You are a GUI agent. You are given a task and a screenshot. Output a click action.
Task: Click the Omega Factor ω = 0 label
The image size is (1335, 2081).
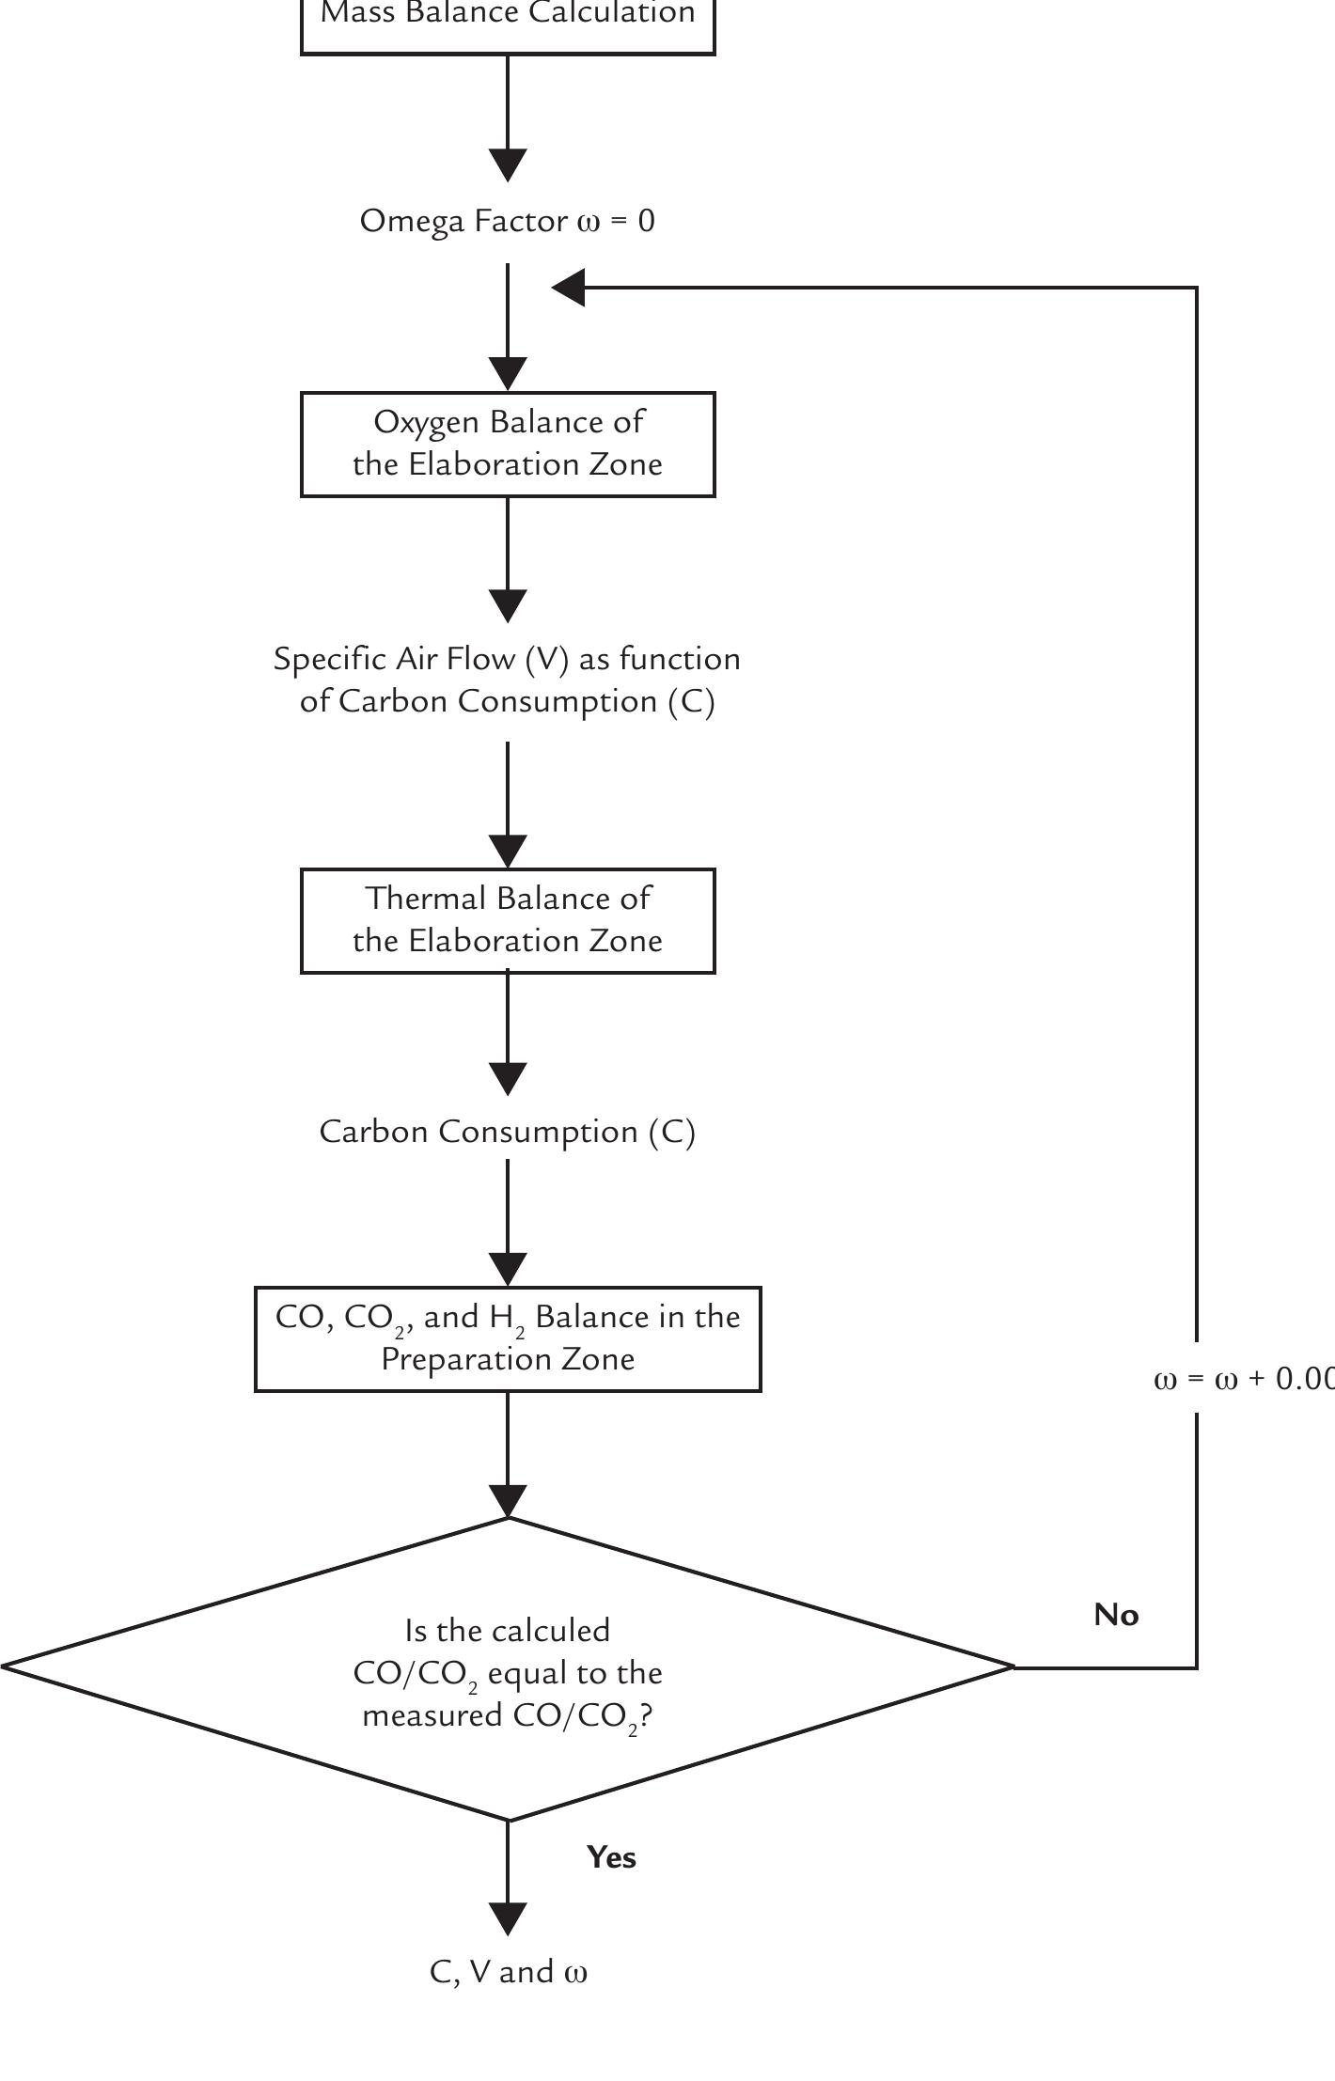click(508, 222)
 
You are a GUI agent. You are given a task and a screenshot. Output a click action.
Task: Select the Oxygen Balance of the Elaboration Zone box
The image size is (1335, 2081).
click(508, 444)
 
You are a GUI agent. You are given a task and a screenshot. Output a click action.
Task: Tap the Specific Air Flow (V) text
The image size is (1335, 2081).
click(508, 660)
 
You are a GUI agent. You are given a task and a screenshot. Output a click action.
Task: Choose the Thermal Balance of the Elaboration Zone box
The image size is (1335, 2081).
click(508, 920)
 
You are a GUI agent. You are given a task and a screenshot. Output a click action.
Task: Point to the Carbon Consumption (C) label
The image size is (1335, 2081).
click(508, 1132)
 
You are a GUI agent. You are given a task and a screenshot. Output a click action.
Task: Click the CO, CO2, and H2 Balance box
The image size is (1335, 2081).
click(508, 1338)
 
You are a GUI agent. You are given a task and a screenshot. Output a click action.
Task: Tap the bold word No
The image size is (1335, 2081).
click(1116, 1616)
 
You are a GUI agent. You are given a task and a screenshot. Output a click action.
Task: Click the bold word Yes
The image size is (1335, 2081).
click(611, 1858)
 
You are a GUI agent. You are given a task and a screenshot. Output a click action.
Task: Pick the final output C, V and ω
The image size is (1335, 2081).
click(508, 1972)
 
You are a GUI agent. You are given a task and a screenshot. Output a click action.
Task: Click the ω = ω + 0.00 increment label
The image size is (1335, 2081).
click(1241, 1379)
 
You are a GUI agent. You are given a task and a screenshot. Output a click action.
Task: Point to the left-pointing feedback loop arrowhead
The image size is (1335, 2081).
click(568, 288)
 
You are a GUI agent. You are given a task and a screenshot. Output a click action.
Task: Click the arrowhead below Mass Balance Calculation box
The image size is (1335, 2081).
click(508, 165)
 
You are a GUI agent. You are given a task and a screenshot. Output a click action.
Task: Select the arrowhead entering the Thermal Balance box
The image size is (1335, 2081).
click(508, 852)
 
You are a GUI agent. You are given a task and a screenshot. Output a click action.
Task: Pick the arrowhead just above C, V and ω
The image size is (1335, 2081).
click(508, 1918)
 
